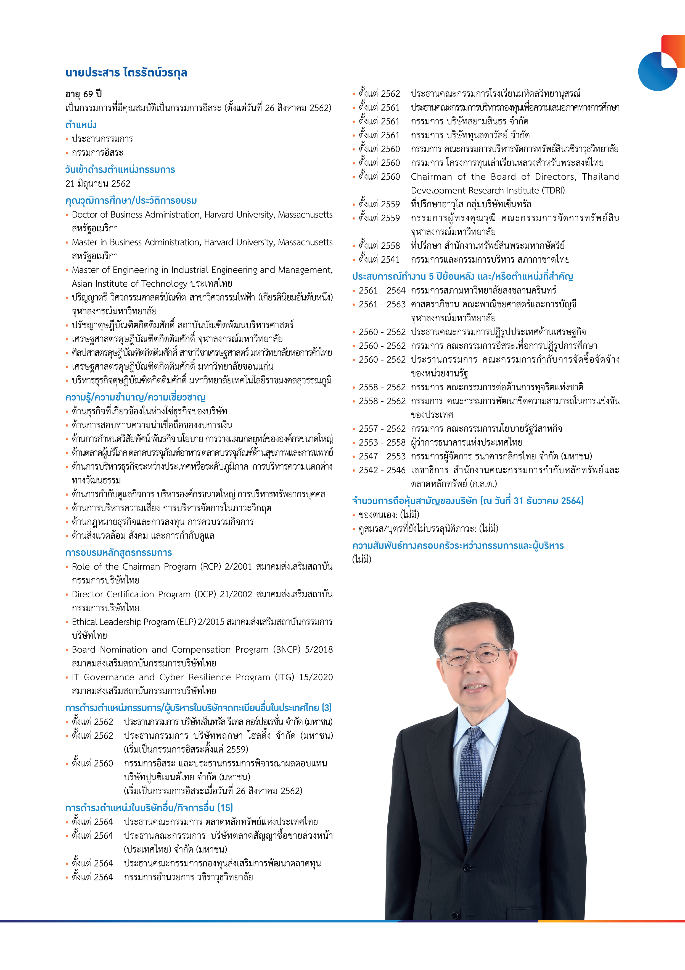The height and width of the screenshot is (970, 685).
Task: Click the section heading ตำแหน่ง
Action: pyautogui.click(x=81, y=125)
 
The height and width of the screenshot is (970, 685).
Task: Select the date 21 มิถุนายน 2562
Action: pyautogui.click(x=98, y=183)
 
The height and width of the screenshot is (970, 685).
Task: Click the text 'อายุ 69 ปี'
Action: pyautogui.click(x=84, y=94)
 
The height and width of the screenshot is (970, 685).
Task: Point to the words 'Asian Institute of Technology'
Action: pyautogui.click(x=129, y=283)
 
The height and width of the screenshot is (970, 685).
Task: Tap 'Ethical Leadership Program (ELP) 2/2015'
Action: pyautogui.click(x=148, y=622)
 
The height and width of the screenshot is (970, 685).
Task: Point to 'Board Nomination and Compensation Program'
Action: pyautogui.click(x=170, y=649)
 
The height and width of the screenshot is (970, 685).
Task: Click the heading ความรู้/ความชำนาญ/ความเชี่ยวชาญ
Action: pyautogui.click(x=135, y=397)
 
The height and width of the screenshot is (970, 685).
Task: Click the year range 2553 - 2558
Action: pyautogui.click(x=382, y=442)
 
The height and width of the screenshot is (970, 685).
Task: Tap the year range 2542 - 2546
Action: pyautogui.click(x=382, y=470)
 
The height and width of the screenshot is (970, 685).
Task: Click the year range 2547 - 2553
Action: pyautogui.click(x=382, y=456)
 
